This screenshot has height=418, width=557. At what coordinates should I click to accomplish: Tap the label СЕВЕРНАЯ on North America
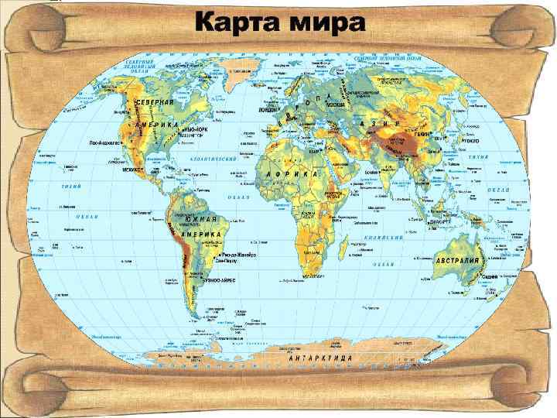coord(155,104)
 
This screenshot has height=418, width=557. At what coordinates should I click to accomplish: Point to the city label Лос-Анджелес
coord(107,142)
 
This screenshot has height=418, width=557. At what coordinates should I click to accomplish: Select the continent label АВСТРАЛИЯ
coord(457,260)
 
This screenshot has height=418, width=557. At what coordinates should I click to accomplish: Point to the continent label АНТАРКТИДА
coord(320,359)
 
